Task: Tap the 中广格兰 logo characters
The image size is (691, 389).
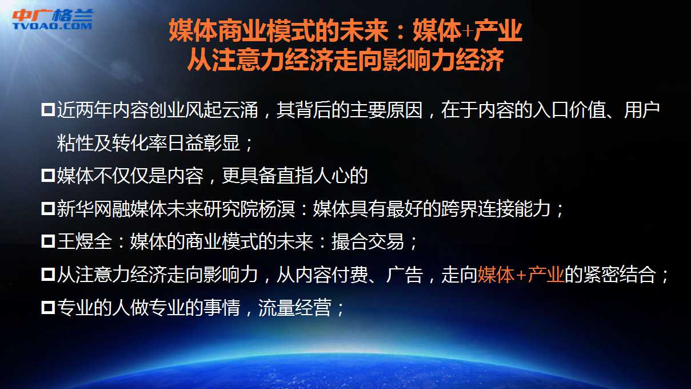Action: (x=53, y=15)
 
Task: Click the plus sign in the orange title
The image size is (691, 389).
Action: (x=468, y=31)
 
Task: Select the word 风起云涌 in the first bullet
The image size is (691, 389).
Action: (x=222, y=110)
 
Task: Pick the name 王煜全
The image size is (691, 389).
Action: (x=84, y=241)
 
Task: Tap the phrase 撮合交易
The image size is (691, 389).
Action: (x=368, y=241)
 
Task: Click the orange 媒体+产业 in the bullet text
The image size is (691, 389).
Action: (x=521, y=274)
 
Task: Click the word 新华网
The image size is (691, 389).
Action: (x=84, y=209)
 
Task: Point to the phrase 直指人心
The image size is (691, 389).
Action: (x=313, y=176)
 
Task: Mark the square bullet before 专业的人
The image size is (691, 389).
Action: (x=48, y=308)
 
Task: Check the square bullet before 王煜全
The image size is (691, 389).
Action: (x=48, y=242)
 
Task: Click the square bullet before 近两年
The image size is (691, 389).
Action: (x=48, y=110)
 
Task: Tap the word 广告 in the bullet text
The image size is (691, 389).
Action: (x=404, y=274)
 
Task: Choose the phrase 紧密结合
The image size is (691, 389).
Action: (x=620, y=274)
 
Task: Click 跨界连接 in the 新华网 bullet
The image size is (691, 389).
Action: (x=478, y=209)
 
